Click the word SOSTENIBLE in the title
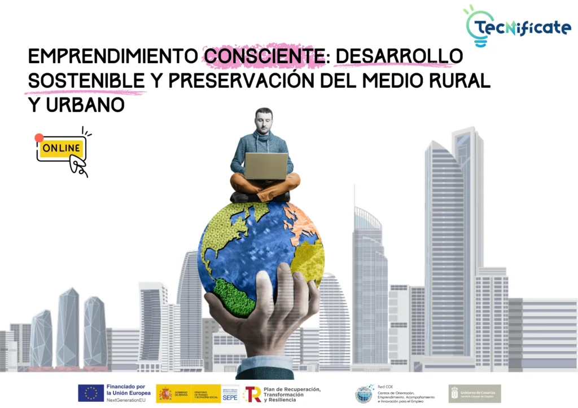85,81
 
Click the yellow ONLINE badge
62,148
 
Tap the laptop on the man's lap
266,166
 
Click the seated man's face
263,120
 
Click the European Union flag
90,393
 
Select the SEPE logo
230,393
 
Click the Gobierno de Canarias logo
474,393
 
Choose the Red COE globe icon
364,393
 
